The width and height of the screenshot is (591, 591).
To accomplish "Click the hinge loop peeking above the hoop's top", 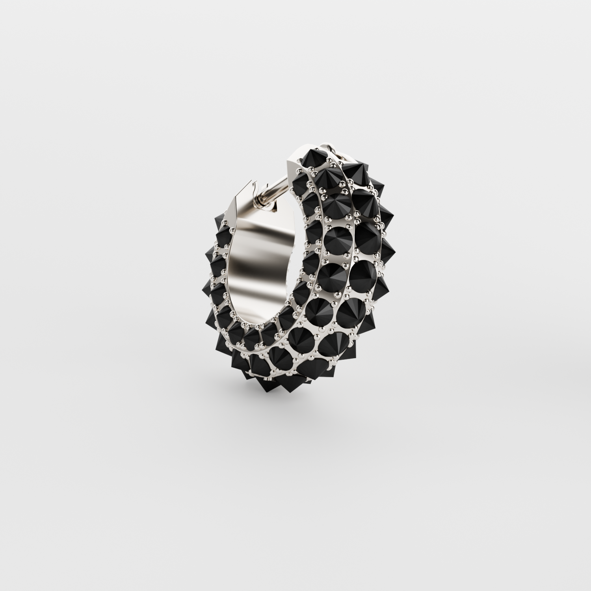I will [x=329, y=148].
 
